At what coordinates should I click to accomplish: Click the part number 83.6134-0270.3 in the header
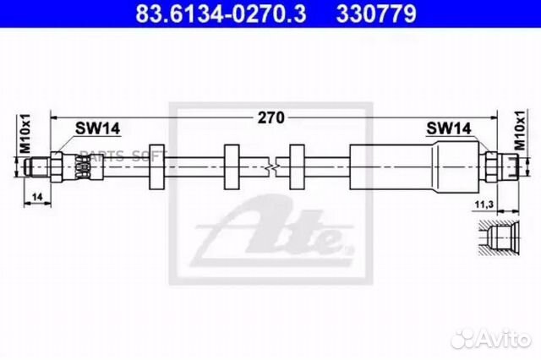221,14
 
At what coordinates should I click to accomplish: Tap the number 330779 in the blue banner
376,14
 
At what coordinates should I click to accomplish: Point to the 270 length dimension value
271,118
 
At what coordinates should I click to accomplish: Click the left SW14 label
98,128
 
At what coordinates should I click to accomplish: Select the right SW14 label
449,128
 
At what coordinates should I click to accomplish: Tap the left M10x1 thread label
25,134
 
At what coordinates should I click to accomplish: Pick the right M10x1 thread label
520,130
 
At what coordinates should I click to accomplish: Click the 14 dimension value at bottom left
37,197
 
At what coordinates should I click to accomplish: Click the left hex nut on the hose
57,167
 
